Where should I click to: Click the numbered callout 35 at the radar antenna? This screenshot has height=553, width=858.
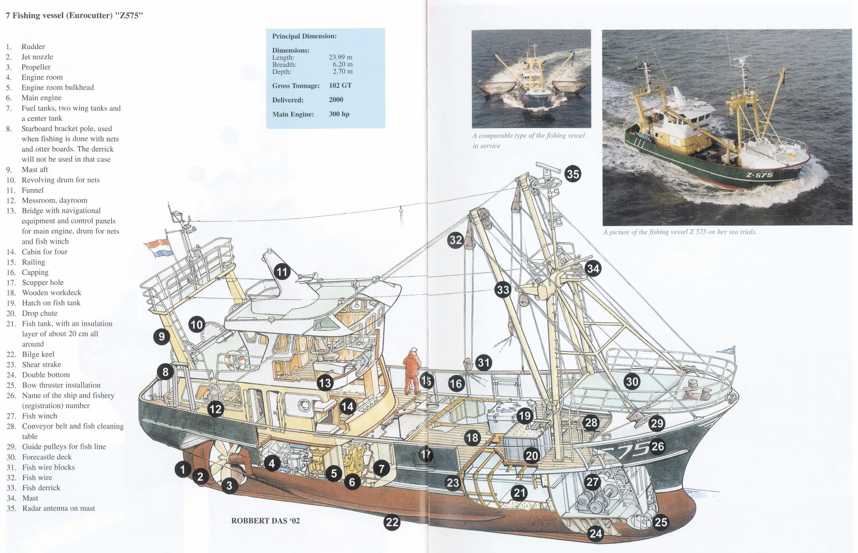point(572,174)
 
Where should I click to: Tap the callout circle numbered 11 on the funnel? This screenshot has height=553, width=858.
point(282,272)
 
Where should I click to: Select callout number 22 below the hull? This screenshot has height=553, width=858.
point(392,522)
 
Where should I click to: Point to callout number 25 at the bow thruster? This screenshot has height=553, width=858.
point(660,522)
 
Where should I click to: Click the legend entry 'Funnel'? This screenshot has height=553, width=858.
point(32,190)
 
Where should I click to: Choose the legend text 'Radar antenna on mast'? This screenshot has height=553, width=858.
point(58,508)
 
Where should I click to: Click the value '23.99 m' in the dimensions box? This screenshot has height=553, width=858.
point(340,57)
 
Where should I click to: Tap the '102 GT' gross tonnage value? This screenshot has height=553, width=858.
point(340,86)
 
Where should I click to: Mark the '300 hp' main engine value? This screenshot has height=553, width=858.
point(339,114)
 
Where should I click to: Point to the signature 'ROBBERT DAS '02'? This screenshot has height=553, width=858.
point(265,521)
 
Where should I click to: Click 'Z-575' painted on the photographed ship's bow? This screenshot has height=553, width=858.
point(759,175)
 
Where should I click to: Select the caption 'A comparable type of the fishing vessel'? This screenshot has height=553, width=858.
point(528,136)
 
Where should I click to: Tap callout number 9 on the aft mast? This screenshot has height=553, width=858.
point(162,336)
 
